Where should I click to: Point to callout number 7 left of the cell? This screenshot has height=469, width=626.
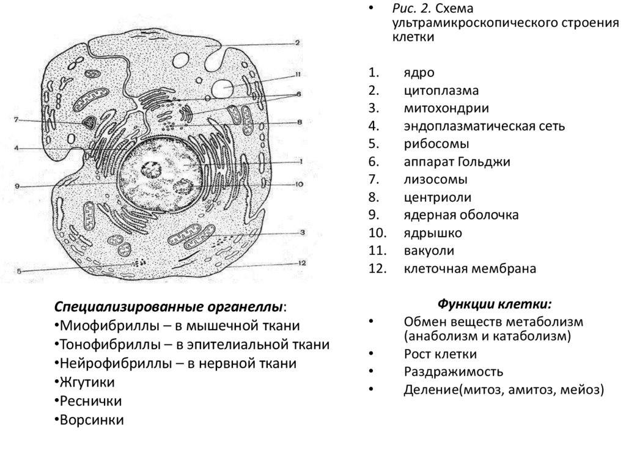(17, 119)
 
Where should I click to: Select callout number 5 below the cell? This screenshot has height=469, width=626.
(19, 271)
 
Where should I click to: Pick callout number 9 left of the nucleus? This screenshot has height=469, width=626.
(18, 186)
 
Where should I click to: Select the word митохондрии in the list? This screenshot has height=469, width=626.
(436, 108)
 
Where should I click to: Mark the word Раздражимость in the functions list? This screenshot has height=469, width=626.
(453, 371)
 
